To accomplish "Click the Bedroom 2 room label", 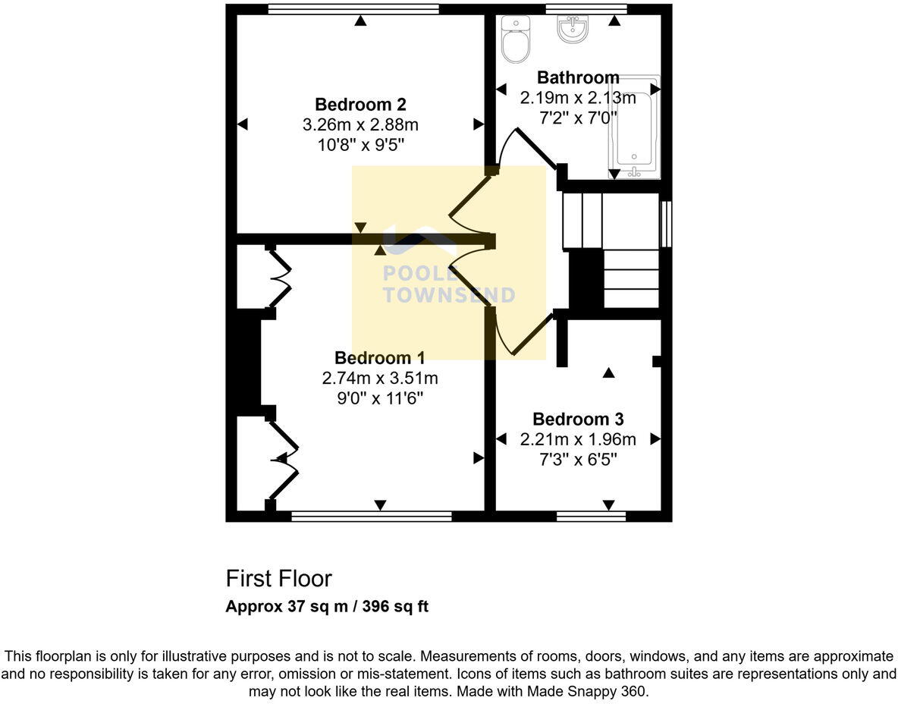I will point(360,105).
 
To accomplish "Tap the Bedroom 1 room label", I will point(380,358).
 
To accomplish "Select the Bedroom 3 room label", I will point(578,419).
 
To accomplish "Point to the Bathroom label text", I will point(578,77).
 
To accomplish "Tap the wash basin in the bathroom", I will point(573,28).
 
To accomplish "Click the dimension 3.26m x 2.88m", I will point(360,124).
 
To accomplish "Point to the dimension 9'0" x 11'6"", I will point(380,398).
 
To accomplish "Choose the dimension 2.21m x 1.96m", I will point(578,439).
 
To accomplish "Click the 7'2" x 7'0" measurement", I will point(578,118).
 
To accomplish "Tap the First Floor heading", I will point(278,579).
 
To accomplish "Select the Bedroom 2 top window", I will point(353,9).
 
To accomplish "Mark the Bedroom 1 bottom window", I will point(372,517).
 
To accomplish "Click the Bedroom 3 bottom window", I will point(591,517).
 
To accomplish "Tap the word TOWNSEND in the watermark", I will point(448,296).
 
